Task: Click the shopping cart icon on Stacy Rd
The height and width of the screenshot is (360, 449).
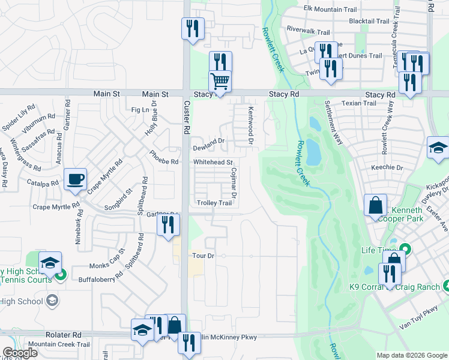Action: [220, 81]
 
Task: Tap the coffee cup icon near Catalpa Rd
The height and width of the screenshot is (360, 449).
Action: [76, 179]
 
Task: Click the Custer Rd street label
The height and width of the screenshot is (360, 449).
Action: [187, 120]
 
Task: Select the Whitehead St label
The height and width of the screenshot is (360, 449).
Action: [212, 163]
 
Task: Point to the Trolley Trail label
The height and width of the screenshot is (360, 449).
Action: [214, 203]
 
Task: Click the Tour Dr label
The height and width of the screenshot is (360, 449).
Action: [203, 256]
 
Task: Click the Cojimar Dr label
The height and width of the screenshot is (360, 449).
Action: [234, 183]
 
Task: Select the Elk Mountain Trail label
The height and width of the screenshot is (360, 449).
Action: [330, 9]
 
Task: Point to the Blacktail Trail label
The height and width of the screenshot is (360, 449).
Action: [369, 21]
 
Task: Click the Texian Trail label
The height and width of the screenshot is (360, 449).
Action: [358, 103]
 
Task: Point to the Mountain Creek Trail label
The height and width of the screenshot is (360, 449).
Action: [59, 344]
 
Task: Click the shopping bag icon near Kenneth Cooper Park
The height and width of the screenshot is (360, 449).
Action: [375, 205]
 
